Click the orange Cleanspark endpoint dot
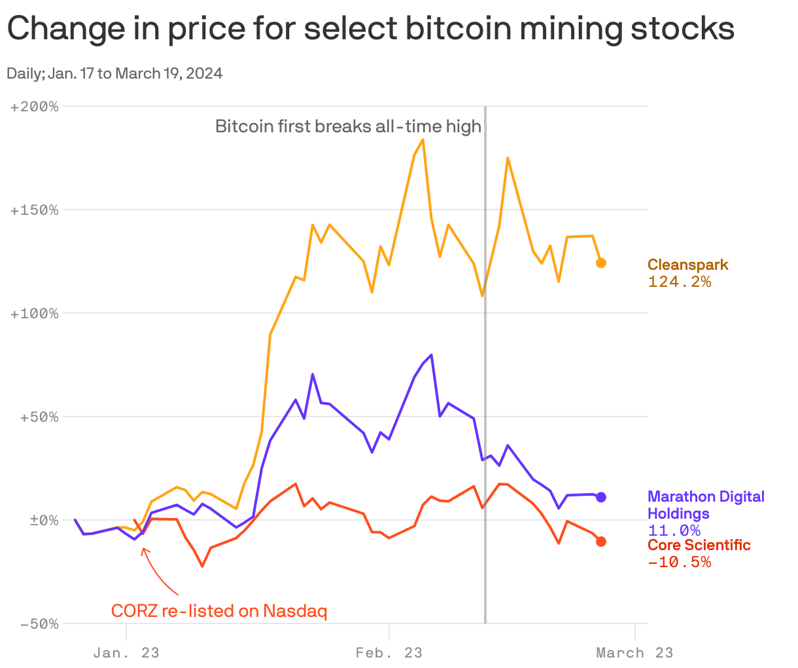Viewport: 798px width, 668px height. click(x=600, y=263)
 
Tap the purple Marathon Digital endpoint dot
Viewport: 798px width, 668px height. click(x=600, y=497)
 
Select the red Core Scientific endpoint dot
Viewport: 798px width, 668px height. click(x=600, y=542)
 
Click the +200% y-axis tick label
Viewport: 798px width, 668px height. click(x=35, y=106)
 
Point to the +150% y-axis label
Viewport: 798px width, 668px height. click(x=35, y=210)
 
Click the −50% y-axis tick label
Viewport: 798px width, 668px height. click(x=39, y=623)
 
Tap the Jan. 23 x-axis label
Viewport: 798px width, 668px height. click(x=126, y=653)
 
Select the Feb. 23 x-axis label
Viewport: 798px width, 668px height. click(x=389, y=653)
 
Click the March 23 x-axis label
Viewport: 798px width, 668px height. click(x=634, y=653)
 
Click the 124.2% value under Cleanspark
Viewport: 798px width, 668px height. click(x=679, y=282)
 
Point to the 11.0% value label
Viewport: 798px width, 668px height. click(x=674, y=530)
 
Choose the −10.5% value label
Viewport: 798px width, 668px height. click(x=679, y=562)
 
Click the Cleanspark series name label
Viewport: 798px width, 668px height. click(x=687, y=265)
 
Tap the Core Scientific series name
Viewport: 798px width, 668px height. click(x=699, y=546)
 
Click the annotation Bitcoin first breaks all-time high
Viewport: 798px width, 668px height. click(x=348, y=126)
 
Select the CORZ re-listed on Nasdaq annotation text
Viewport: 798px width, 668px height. click(x=218, y=611)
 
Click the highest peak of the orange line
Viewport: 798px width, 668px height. click(x=423, y=139)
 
